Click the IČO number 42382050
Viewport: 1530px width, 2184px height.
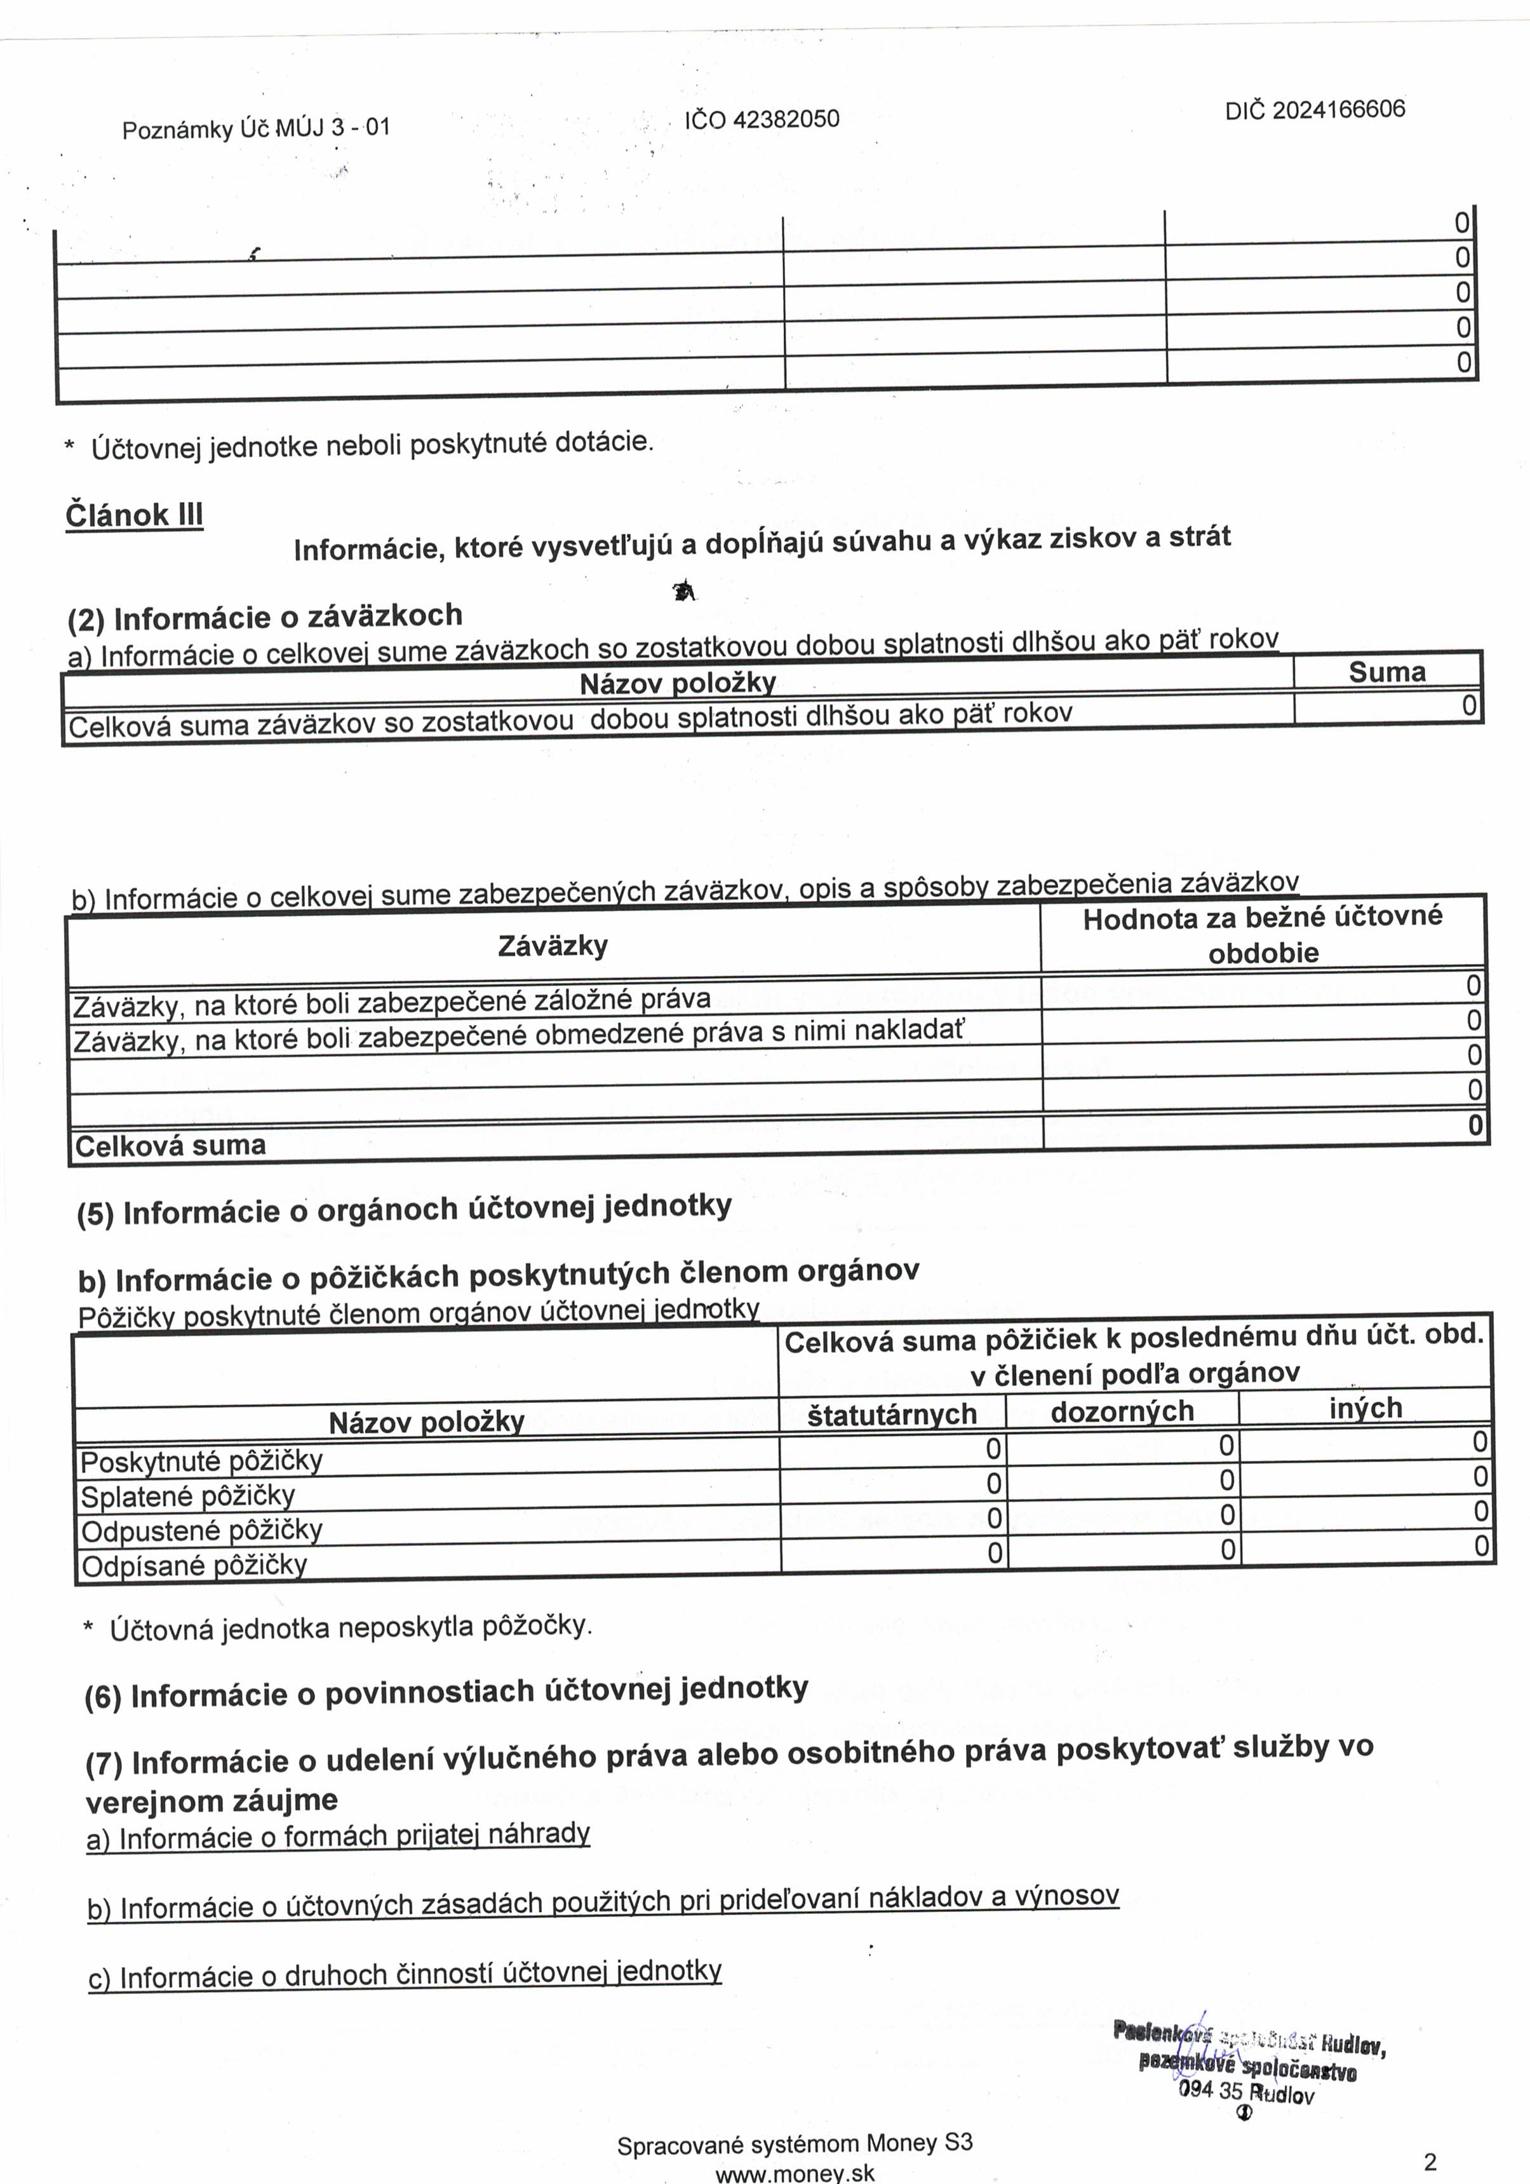pos(786,119)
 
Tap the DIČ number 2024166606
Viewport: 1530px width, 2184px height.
pos(1339,109)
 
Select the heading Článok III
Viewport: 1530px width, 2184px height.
pos(134,515)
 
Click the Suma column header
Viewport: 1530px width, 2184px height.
pos(1386,672)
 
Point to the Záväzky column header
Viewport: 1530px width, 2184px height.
pos(553,946)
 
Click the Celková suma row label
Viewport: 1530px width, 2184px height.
pos(170,1145)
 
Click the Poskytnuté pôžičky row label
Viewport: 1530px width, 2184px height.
pos(201,1460)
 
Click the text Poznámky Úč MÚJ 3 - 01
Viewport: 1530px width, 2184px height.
pos(256,128)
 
